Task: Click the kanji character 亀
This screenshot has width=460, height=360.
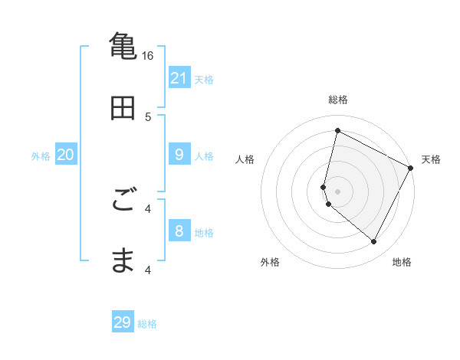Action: (123, 46)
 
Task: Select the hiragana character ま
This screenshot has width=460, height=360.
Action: (123, 260)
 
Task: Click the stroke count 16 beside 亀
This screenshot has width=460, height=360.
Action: (148, 56)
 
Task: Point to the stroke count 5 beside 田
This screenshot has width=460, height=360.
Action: (149, 117)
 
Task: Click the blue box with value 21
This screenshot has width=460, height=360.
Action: (179, 78)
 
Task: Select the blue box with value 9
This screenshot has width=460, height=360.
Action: (179, 155)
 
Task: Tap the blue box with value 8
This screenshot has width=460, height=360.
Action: (179, 231)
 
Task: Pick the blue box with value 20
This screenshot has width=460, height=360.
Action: (66, 155)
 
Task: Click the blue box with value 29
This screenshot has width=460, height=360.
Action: (123, 322)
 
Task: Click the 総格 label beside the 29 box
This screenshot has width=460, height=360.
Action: (147, 324)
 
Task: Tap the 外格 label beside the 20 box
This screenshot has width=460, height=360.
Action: (41, 156)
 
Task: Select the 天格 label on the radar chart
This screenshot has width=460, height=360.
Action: (431, 159)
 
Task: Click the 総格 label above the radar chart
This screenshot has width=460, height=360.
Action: (337, 100)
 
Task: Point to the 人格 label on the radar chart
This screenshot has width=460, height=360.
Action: (245, 159)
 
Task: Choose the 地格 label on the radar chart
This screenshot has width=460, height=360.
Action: (402, 262)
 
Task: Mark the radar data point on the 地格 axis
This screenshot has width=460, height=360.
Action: (374, 242)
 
